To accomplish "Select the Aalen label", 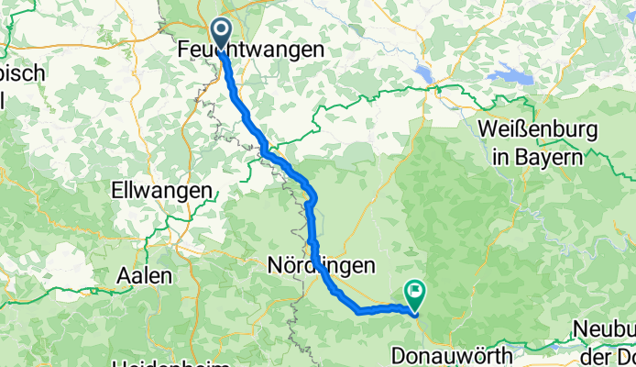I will [x=143, y=275].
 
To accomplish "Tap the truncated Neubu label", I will [x=605, y=328].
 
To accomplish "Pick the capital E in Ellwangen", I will [x=115, y=195].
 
